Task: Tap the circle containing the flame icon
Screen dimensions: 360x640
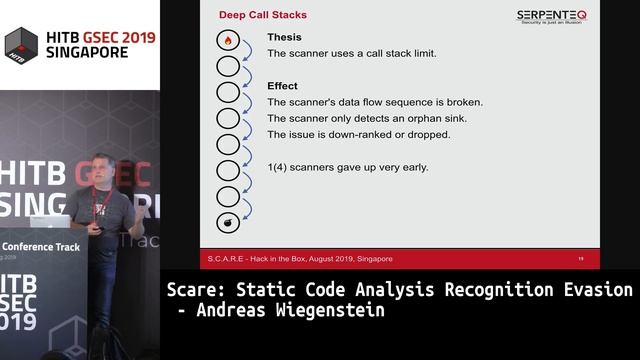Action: click(x=228, y=41)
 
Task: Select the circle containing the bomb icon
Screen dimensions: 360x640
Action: click(x=228, y=221)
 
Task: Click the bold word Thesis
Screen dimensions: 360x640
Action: click(x=284, y=37)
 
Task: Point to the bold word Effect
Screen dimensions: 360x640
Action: click(x=282, y=86)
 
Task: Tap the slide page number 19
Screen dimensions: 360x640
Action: click(x=581, y=258)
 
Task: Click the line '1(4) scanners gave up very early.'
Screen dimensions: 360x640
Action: click(x=347, y=167)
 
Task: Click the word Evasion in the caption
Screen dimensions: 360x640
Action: click(x=598, y=290)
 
